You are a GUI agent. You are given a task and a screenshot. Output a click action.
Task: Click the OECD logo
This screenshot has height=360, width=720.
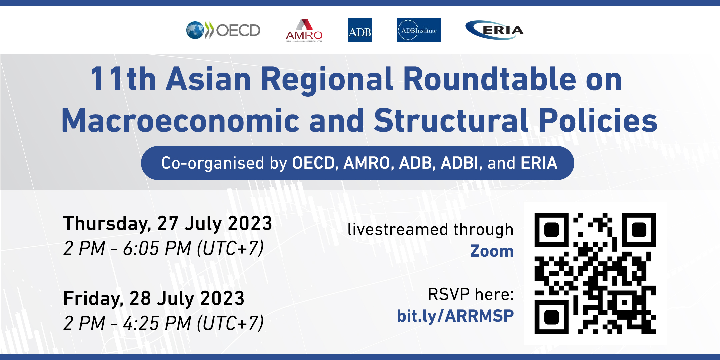coord(223,30)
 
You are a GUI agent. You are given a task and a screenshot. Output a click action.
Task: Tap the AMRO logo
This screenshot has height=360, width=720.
coord(304,30)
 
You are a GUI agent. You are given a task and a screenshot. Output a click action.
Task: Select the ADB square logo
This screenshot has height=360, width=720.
coord(360,30)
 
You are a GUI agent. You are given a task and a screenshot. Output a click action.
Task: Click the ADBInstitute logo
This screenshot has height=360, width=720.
coord(419,30)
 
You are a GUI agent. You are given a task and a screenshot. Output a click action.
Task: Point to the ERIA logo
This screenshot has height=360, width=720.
coord(494,30)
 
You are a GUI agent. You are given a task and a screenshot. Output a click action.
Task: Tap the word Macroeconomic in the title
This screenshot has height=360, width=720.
coord(181,120)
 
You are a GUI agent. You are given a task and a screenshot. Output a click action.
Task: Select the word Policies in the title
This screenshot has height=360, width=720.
coord(598,120)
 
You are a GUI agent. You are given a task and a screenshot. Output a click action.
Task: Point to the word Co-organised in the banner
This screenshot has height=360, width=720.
coord(213,163)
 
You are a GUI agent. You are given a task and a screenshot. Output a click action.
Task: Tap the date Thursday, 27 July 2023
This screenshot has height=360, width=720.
coord(168,223)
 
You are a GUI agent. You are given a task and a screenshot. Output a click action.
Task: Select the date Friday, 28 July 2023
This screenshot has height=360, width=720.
coord(154,298)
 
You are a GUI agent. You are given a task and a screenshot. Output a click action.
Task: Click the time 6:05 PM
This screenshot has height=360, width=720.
coord(157,248)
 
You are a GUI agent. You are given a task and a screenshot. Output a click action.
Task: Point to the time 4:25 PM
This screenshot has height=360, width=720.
coord(157,323)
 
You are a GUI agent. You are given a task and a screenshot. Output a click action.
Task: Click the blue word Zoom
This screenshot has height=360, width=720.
coord(492,251)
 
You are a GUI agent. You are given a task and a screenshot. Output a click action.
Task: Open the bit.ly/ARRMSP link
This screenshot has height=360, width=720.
coord(455,316)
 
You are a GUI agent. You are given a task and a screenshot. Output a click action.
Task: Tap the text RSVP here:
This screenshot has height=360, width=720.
coord(471,294)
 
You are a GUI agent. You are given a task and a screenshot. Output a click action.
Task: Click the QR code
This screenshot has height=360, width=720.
coord(595,273)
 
